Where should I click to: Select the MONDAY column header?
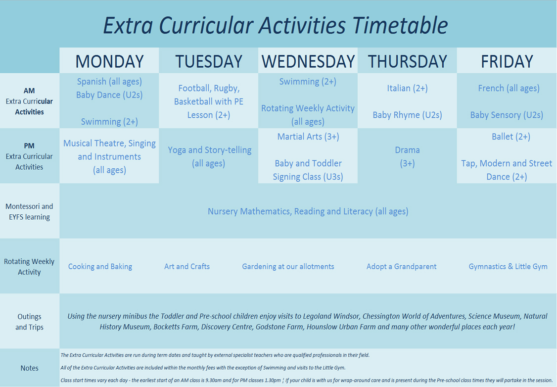point(109,61)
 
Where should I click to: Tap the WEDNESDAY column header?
point(308,61)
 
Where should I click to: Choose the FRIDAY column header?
point(507,61)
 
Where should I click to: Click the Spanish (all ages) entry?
point(109,82)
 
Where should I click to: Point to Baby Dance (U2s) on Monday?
point(109,95)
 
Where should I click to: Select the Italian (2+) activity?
point(408,88)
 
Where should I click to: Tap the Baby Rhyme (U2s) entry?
point(408,115)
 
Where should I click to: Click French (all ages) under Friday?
point(509,88)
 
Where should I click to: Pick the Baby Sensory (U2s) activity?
point(507,115)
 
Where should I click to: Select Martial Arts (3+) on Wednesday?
point(308,137)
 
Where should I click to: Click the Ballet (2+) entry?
point(511,137)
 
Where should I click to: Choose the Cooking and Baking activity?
point(100,267)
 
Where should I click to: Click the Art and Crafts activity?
point(187,267)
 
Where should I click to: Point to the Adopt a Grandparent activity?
point(401,267)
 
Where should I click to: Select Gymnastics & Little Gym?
point(508,267)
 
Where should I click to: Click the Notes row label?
point(30,368)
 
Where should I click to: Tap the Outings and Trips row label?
point(30,322)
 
